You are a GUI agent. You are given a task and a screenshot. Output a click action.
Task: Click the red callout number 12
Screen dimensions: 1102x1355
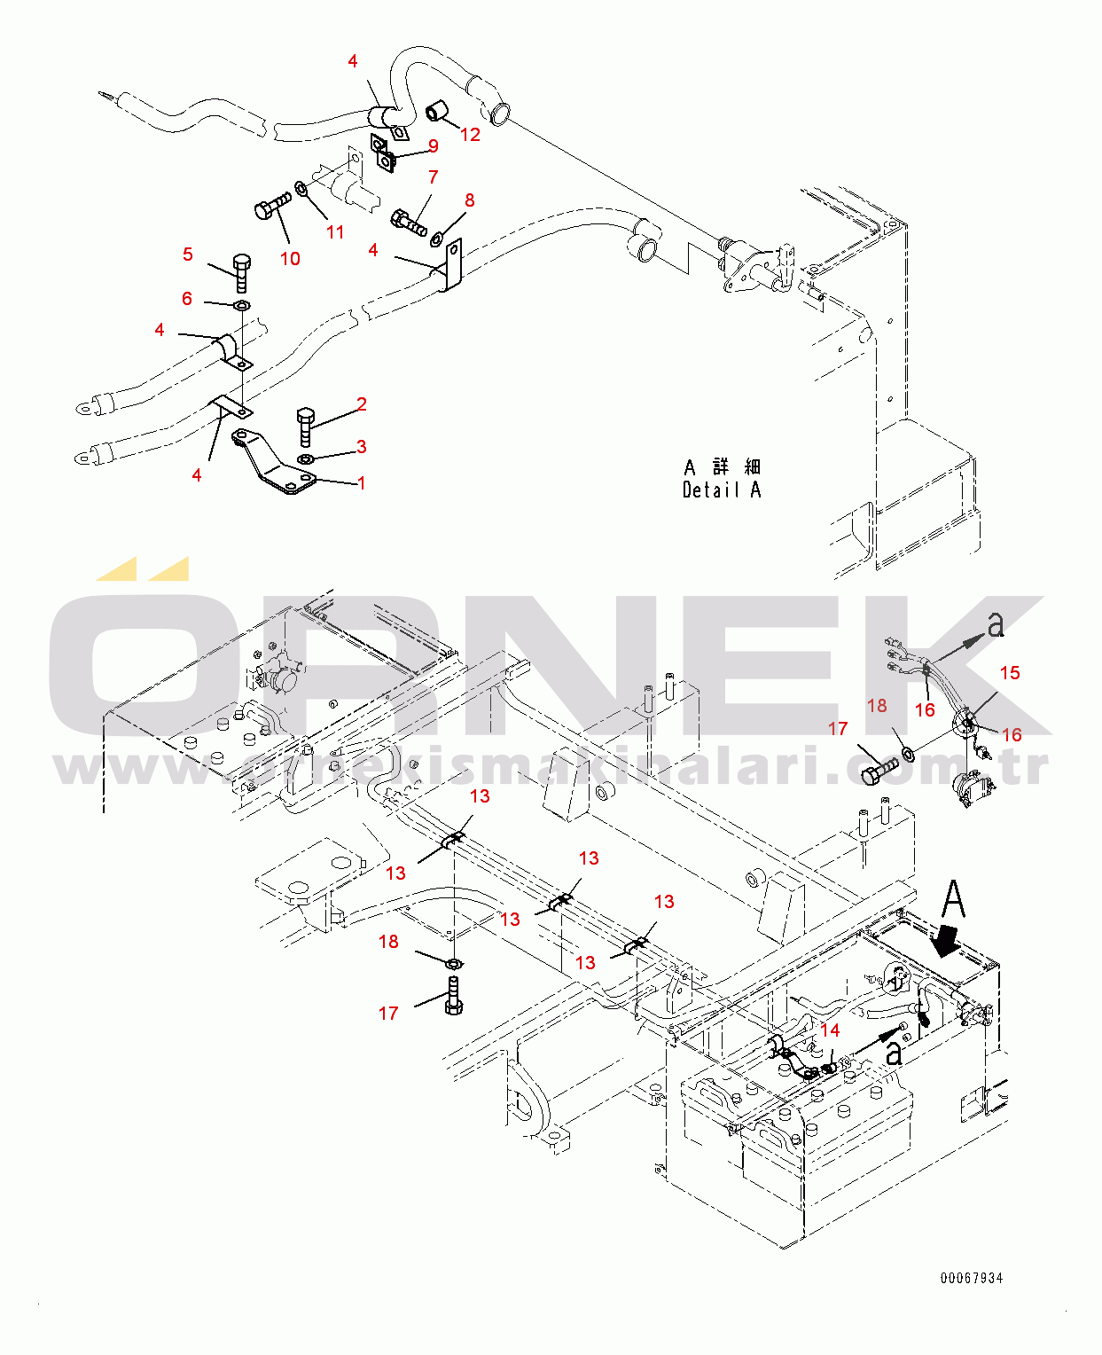(x=470, y=135)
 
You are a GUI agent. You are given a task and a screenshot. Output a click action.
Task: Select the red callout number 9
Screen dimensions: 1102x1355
(x=433, y=146)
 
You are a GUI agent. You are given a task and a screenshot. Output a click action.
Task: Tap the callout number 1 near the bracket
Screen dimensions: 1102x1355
(x=361, y=483)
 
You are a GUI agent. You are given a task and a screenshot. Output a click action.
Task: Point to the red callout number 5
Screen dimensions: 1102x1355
(x=187, y=255)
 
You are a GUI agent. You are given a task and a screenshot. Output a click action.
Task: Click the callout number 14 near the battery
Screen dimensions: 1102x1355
(x=830, y=1030)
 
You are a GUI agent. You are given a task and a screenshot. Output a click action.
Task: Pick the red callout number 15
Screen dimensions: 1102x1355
(x=1010, y=673)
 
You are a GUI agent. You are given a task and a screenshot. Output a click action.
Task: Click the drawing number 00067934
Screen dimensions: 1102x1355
(x=972, y=1278)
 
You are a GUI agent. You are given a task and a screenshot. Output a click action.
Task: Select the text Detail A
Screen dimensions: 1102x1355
(x=722, y=490)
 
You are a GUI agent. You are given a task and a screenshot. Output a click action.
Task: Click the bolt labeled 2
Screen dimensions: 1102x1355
(x=305, y=427)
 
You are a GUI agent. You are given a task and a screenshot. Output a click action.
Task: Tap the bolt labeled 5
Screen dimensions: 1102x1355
(x=241, y=271)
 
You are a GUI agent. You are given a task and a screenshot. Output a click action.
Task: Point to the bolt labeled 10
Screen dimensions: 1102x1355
(x=270, y=207)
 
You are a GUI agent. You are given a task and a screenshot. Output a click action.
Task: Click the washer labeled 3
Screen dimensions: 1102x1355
(x=306, y=458)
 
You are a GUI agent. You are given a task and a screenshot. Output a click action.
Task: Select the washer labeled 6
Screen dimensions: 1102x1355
(x=240, y=306)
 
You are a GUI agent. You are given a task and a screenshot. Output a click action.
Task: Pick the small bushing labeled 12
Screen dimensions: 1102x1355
(x=437, y=112)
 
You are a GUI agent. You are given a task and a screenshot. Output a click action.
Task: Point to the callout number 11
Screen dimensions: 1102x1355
(x=334, y=232)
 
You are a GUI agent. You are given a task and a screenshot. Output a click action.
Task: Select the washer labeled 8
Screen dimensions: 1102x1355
(x=437, y=238)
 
